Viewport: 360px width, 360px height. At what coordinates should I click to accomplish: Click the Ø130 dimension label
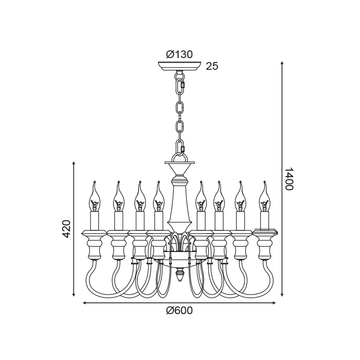[179, 54]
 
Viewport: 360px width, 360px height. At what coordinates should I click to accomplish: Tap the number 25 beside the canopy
[212, 66]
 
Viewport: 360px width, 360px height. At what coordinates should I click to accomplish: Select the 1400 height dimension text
[289, 179]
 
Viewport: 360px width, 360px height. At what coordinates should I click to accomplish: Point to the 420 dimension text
[66, 229]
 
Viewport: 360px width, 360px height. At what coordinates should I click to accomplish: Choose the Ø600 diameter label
[179, 310]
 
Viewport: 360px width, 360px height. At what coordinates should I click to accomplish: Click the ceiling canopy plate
[179, 66]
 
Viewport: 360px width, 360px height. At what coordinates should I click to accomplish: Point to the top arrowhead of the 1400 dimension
[283, 63]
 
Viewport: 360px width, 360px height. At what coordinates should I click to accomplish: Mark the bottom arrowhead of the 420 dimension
[74, 294]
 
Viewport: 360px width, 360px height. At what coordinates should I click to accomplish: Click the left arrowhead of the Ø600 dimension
[84, 303]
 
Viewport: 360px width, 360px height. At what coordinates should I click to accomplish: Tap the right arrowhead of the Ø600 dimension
[274, 303]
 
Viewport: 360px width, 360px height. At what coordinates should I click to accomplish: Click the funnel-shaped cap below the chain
[180, 169]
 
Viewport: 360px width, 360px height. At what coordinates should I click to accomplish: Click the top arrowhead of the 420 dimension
[74, 163]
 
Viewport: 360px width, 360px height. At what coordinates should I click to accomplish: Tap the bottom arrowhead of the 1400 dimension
[283, 294]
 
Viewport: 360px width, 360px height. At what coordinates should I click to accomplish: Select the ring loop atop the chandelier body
[180, 158]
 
